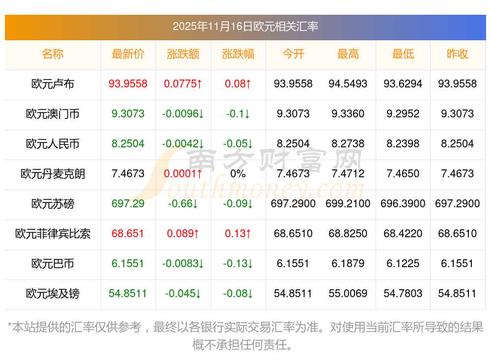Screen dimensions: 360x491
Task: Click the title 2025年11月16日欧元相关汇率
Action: [245, 26]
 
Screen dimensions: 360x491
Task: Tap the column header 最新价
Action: [128, 54]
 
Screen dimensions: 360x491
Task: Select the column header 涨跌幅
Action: [238, 54]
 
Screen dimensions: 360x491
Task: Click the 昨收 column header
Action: [458, 54]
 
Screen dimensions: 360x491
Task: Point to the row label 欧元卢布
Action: [53, 84]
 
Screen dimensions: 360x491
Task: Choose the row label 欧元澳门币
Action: [53, 114]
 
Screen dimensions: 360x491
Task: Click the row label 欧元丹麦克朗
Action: [53, 174]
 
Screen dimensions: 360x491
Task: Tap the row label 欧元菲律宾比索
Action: [53, 234]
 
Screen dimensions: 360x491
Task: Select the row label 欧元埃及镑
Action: [53, 294]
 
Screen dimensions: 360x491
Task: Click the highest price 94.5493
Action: [348, 84]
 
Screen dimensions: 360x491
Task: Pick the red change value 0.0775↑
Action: [183, 84]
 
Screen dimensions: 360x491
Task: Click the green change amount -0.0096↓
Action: [183, 114]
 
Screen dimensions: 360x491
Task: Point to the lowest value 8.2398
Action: [403, 144]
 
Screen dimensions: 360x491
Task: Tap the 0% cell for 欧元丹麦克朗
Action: [238, 174]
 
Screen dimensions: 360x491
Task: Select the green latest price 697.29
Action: [128, 204]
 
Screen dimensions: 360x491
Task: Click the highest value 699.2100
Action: [348, 204]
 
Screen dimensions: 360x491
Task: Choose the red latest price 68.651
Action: [128, 234]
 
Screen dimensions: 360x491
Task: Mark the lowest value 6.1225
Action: [403, 264]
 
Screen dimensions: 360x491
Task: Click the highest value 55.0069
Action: [348, 294]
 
